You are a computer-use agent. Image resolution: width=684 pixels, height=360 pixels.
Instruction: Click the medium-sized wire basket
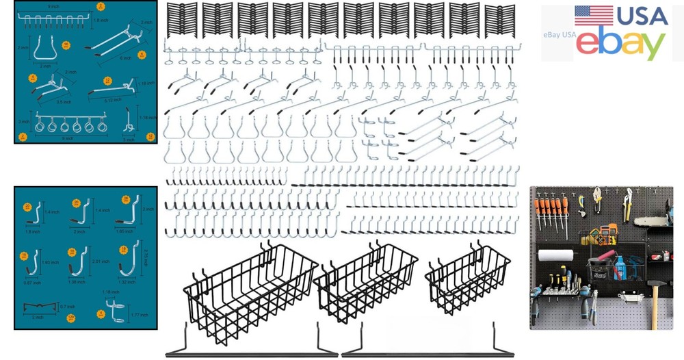click(365, 282)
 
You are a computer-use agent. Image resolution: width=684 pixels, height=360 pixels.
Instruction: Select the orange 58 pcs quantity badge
click(66, 45)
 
